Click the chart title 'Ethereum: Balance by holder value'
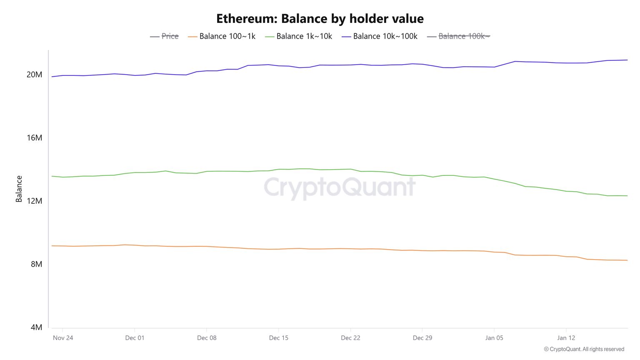click(320, 19)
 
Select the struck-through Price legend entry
click(165, 36)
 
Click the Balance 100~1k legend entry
click(222, 36)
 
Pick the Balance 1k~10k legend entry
click(299, 36)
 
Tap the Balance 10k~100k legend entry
click(380, 36)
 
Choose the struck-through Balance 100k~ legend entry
click(459, 36)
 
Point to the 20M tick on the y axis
click(35, 75)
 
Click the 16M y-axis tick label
click(35, 138)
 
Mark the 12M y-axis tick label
click(35, 201)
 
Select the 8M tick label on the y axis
click(37, 264)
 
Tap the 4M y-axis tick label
click(37, 327)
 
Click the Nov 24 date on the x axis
click(63, 337)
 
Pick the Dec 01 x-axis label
click(135, 337)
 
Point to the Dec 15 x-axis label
click(279, 337)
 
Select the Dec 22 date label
click(350, 337)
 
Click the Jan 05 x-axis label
click(494, 337)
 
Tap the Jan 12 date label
click(566, 337)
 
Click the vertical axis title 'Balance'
click(19, 189)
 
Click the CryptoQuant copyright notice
click(584, 349)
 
